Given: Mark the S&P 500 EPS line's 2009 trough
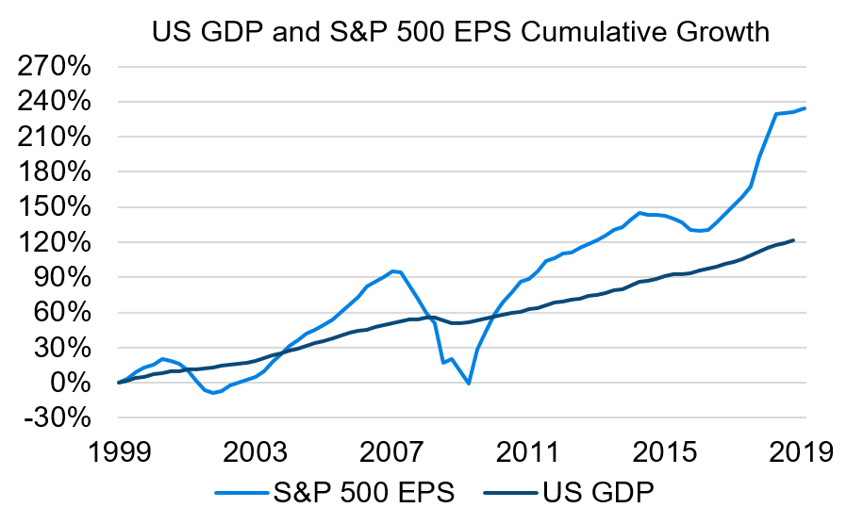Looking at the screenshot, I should coord(469,384).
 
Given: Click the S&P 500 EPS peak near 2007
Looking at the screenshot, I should coord(392,271).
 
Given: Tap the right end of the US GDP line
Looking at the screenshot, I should coord(794,240).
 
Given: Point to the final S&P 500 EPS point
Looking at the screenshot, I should coord(805,108).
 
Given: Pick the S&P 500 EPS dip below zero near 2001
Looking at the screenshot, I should coord(213,393).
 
